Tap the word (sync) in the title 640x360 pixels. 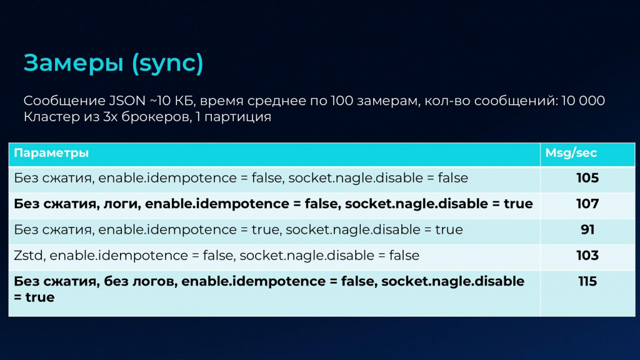(167, 64)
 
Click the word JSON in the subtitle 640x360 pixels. (127, 101)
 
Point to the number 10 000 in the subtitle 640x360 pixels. (583, 101)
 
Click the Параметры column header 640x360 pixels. (51, 153)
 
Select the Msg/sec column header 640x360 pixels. (571, 153)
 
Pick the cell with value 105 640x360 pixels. (587, 178)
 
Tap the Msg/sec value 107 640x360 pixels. (587, 204)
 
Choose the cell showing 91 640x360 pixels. (587, 229)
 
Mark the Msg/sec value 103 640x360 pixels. (587, 255)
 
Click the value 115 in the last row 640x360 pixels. (587, 281)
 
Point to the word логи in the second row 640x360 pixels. (122, 204)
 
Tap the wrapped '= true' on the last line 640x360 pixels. (34, 297)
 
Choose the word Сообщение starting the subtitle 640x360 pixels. (64, 101)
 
